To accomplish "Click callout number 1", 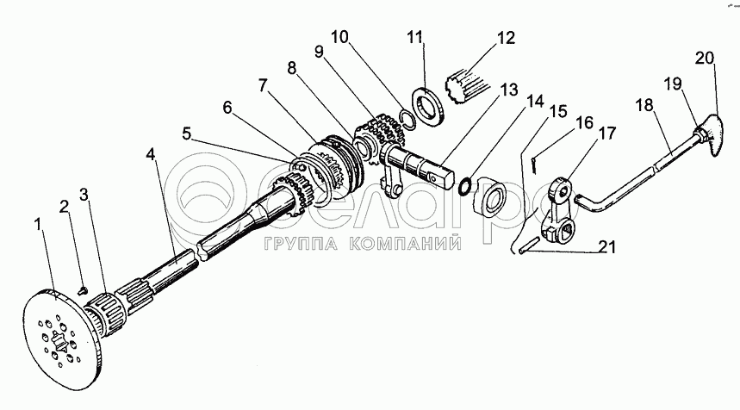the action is pyautogui.click(x=39, y=225).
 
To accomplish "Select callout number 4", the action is pyautogui.click(x=150, y=154).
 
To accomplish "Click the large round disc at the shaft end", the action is pyautogui.click(x=60, y=339).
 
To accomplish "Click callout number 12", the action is pyautogui.click(x=506, y=37).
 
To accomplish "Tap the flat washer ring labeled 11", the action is pyautogui.click(x=428, y=107).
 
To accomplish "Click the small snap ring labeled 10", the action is pyautogui.click(x=407, y=118).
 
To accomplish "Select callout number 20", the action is pyautogui.click(x=705, y=58).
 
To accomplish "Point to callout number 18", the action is pyautogui.click(x=644, y=104).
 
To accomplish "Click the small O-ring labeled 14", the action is pyautogui.click(x=465, y=185).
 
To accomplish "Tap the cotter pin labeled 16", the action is pyautogui.click(x=533, y=165).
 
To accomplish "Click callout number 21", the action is pyautogui.click(x=607, y=246).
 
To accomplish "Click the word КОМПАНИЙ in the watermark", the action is pyautogui.click(x=405, y=244).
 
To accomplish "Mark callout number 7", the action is pyautogui.click(x=263, y=85).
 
